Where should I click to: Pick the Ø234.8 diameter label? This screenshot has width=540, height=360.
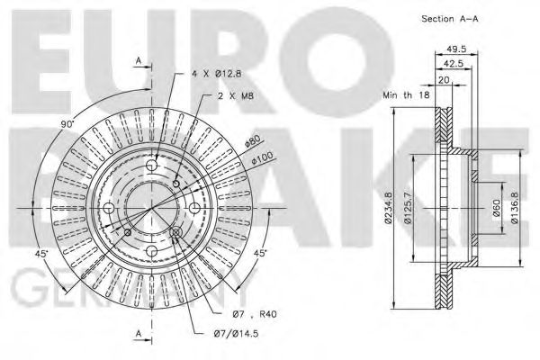click(388, 209)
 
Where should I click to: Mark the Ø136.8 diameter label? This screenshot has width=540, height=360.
click(515, 208)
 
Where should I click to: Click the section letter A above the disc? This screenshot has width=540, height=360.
click(139, 59)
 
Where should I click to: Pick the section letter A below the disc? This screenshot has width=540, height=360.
click(139, 334)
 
